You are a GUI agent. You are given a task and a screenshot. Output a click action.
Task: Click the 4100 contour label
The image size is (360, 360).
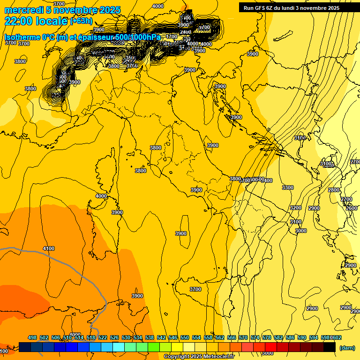pyautogui.click(x=48, y=248)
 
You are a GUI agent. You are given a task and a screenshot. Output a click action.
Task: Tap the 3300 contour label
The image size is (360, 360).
pyautogui.click(x=287, y=187)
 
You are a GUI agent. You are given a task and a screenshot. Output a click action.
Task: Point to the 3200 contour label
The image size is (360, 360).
pyautogui.click(x=295, y=208)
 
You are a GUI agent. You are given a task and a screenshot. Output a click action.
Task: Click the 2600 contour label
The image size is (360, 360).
pyautogui.click(x=352, y=208)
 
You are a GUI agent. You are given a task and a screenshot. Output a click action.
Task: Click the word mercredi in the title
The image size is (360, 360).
pyautogui.click(x=24, y=10)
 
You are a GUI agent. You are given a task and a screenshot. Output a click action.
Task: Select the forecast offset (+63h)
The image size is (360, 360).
pyautogui.click(x=82, y=21)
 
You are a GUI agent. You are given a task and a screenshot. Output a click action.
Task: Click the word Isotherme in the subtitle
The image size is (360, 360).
pyautogui.click(x=22, y=37)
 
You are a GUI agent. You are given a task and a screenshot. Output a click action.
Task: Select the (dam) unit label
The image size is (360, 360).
pyautogui.click(x=347, y=348)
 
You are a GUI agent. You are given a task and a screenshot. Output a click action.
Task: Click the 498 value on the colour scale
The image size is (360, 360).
pyautogui.click(x=32, y=338)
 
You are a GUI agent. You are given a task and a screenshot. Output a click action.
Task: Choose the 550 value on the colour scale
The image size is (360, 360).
pyautogui.click(x=185, y=338)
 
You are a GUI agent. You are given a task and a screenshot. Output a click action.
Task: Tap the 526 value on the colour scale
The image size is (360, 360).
pyautogui.click(x=114, y=338)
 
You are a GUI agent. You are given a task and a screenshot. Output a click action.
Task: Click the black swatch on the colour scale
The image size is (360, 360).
pyautogui.click(x=330, y=347)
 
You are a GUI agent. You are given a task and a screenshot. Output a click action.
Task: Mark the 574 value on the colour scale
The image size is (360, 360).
pyautogui.click(x=255, y=338)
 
